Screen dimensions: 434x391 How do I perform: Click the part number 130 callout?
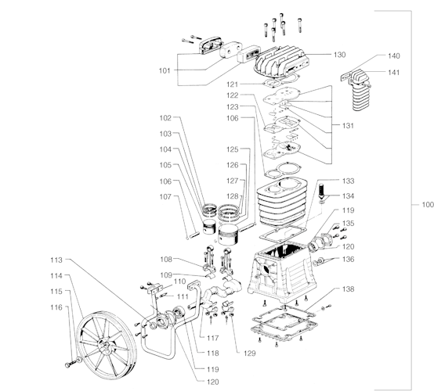[x=340, y=55]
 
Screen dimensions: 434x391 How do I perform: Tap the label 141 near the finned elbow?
[x=393, y=73]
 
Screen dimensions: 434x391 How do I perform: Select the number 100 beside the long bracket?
[x=428, y=205]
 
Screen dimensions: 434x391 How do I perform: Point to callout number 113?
[x=56, y=260]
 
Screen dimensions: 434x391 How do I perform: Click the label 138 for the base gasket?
[x=348, y=289]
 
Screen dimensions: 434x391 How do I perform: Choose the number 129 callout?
[x=250, y=353]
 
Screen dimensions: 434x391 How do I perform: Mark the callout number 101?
[x=165, y=70]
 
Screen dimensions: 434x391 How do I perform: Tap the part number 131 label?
[x=348, y=126]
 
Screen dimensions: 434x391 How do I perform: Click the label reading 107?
[x=165, y=197]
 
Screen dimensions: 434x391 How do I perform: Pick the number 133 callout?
[x=348, y=181]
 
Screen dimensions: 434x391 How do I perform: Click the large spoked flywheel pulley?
[x=107, y=345]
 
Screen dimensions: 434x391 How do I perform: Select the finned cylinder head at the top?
[x=280, y=61]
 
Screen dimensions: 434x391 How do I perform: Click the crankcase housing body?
[x=282, y=271]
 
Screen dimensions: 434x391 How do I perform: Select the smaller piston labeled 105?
[x=209, y=227]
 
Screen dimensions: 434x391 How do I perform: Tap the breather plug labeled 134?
[x=322, y=192]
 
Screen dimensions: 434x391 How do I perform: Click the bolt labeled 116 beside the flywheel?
[x=71, y=364]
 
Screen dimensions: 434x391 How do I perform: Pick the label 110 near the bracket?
[x=179, y=282]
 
